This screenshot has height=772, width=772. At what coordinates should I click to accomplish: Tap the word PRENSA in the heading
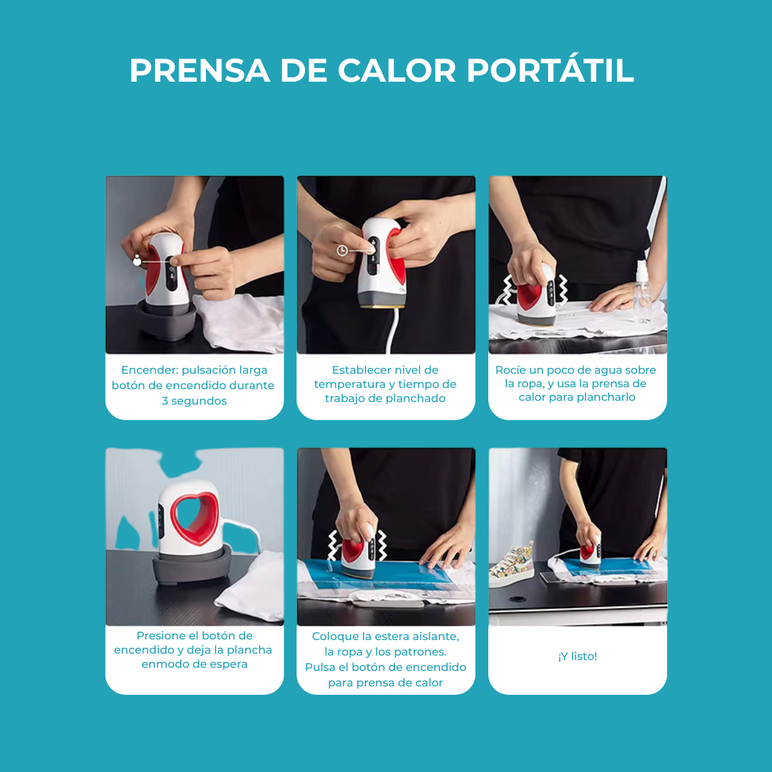(x=199, y=71)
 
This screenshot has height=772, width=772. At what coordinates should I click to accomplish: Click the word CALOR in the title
(x=397, y=71)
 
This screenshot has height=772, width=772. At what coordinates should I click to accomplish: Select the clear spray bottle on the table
(x=642, y=290)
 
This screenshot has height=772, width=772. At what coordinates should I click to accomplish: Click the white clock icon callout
(x=342, y=251)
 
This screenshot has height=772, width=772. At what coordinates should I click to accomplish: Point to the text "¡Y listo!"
(x=577, y=656)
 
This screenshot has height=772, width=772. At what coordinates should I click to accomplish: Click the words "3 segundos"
(x=194, y=401)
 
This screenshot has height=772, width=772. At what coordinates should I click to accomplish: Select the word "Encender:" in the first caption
(x=150, y=370)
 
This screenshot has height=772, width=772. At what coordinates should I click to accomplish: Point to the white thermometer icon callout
(x=136, y=261)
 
